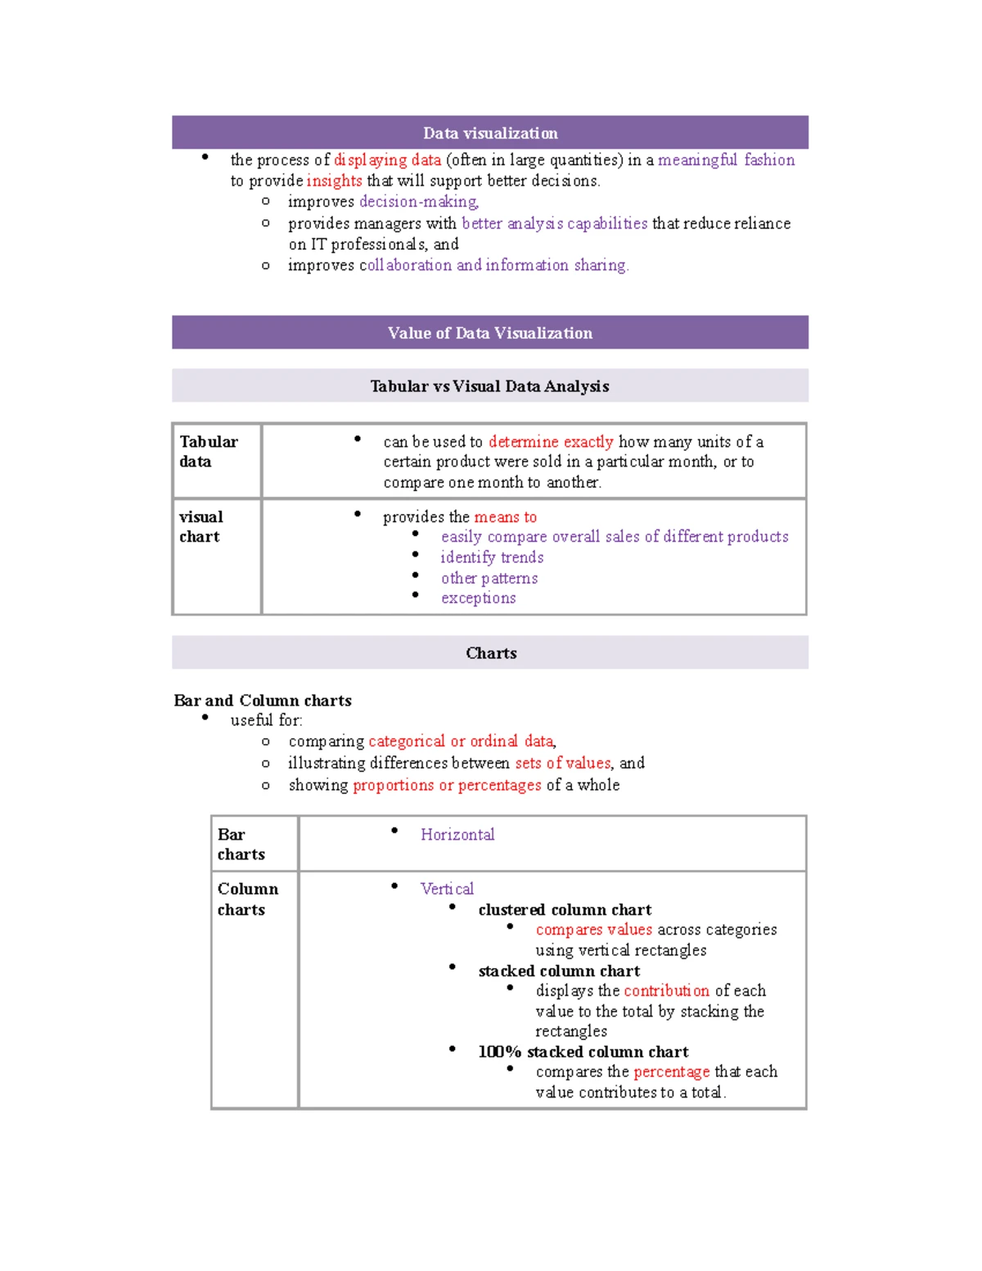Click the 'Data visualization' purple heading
tap(490, 133)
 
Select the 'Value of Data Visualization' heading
tap(490, 333)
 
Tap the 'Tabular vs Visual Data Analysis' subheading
tap(489, 386)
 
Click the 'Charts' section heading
tap(491, 653)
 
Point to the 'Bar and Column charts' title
tap(263, 701)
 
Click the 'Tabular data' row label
tap(208, 452)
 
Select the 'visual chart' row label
tap(200, 527)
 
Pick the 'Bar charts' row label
tap(241, 845)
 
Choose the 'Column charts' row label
tap(247, 899)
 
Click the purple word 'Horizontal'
tap(457, 835)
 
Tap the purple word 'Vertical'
tap(447, 889)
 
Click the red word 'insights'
tap(334, 181)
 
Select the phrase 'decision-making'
tap(418, 201)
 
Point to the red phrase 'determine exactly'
tap(551, 442)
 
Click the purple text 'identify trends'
tap(492, 557)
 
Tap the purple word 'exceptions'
tap(479, 598)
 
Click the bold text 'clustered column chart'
tap(565, 910)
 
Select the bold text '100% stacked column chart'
tap(583, 1052)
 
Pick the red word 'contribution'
tap(666, 991)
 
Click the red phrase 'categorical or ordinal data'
tap(462, 741)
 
